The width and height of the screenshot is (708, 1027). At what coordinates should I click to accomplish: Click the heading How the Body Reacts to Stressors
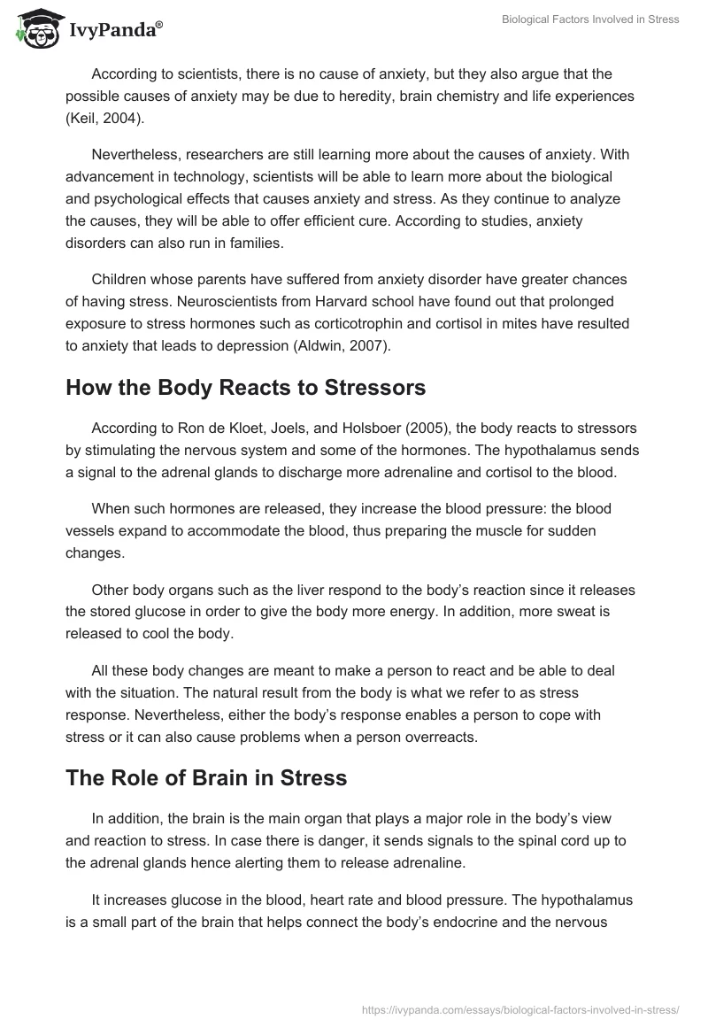coord(246,388)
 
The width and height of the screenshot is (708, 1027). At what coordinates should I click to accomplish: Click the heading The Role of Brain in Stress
coord(206,779)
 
